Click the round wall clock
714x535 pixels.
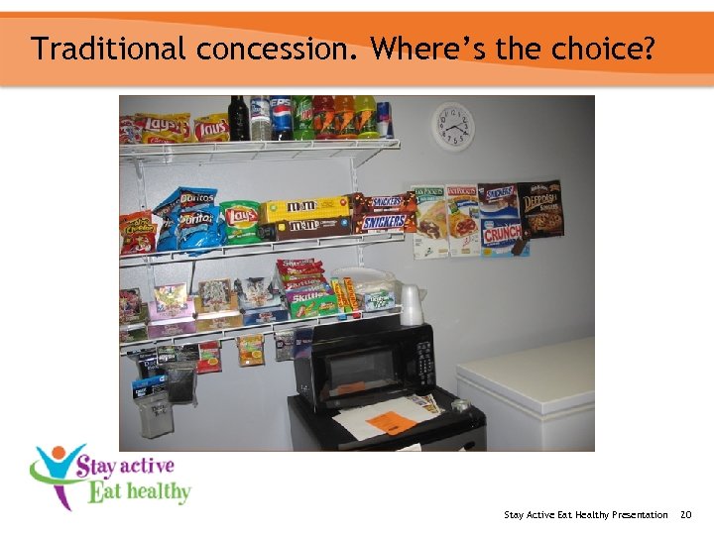pyautogui.click(x=453, y=127)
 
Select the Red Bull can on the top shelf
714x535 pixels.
pyautogui.click(x=385, y=120)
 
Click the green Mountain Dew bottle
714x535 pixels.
pyautogui.click(x=303, y=117)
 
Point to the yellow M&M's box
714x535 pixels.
pyautogui.click(x=305, y=209)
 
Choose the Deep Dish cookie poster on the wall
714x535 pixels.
pyautogui.click(x=539, y=209)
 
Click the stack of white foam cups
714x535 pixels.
pyautogui.click(x=411, y=304)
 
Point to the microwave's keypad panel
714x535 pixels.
pyautogui.click(x=421, y=358)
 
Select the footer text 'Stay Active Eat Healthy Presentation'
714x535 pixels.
pyautogui.click(x=585, y=514)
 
